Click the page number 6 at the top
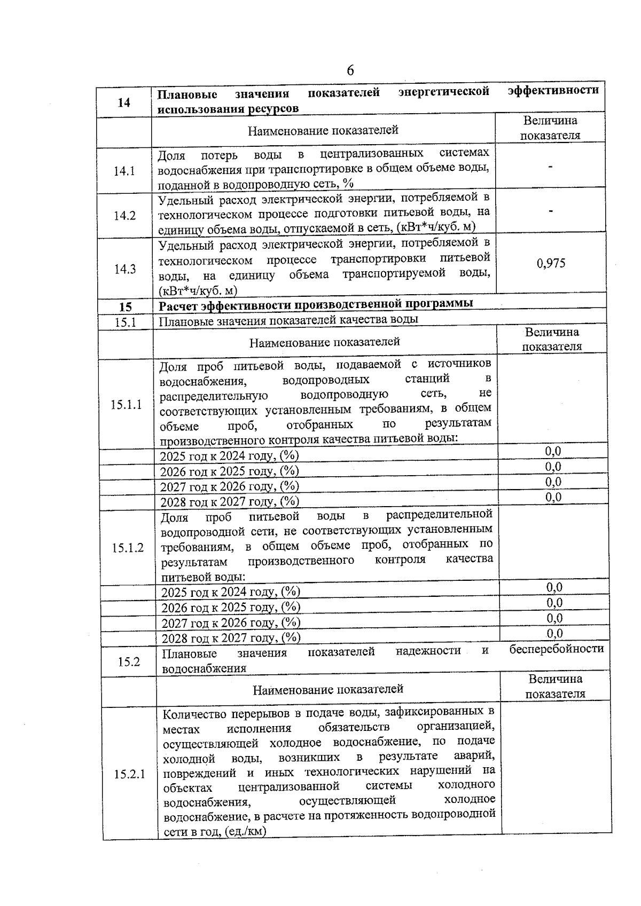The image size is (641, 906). click(350, 70)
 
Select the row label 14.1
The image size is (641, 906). click(124, 171)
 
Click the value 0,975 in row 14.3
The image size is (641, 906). click(551, 263)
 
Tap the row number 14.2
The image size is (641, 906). click(124, 216)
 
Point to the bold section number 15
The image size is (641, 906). click(125, 307)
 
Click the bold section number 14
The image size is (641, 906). click(123, 102)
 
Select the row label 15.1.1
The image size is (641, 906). click(126, 404)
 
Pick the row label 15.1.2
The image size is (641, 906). click(128, 548)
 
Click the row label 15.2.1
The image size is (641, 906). click(129, 774)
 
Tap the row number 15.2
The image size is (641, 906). click(129, 661)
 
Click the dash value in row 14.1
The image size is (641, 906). click(550, 167)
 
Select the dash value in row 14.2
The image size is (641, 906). click(550, 211)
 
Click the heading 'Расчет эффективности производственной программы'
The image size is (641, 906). click(316, 304)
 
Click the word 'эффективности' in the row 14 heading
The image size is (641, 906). click(553, 90)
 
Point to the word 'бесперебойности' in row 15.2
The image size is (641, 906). click(556, 649)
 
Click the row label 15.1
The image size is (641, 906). click(126, 322)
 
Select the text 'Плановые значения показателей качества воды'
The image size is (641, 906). click(288, 319)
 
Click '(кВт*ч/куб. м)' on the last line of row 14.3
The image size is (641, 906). click(198, 290)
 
